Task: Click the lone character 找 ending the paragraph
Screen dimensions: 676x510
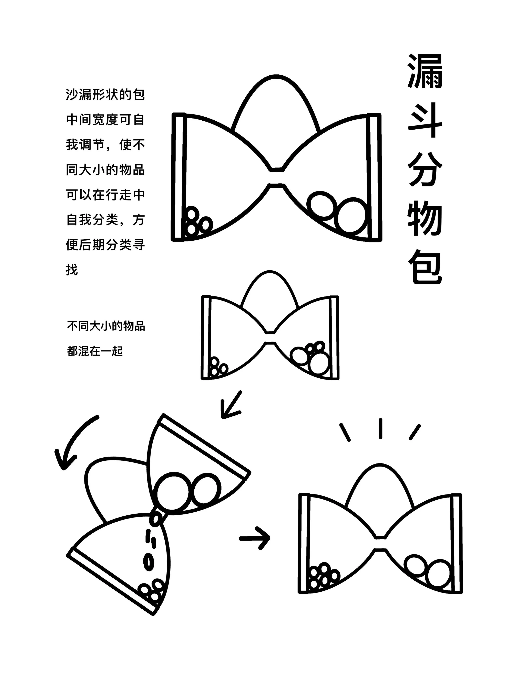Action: tap(72, 270)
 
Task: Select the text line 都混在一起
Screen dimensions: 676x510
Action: tap(95, 351)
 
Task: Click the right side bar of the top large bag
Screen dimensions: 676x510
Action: tap(375, 177)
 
